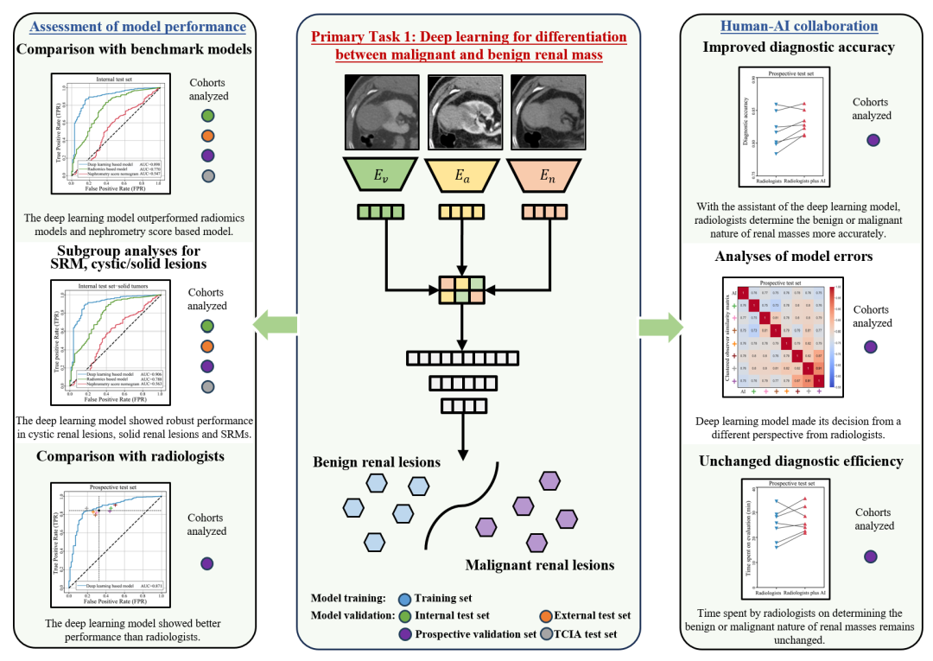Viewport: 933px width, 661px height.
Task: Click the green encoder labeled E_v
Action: (380, 175)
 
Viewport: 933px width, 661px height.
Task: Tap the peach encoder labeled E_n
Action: (547, 175)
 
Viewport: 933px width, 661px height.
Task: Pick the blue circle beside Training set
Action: (403, 598)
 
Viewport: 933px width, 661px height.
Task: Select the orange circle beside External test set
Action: (546, 615)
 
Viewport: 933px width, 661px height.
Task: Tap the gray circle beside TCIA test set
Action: (546, 634)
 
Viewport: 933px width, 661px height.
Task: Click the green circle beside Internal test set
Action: (403, 615)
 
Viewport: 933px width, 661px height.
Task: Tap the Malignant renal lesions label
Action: (539, 565)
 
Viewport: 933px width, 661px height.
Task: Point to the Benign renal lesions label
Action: (378, 462)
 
